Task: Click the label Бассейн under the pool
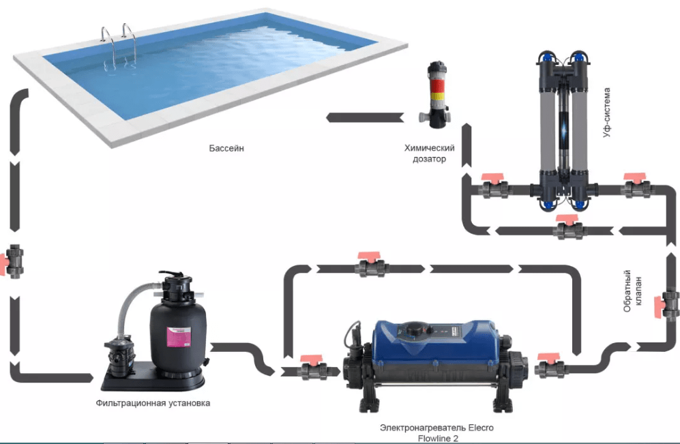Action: (x=227, y=147)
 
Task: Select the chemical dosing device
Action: (x=435, y=95)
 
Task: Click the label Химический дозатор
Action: (x=430, y=153)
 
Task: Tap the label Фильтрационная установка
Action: (x=153, y=403)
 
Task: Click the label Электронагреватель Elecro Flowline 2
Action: (x=437, y=432)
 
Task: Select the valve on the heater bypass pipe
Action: (x=372, y=265)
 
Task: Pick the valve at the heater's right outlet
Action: (x=548, y=368)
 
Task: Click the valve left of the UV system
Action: (x=495, y=188)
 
